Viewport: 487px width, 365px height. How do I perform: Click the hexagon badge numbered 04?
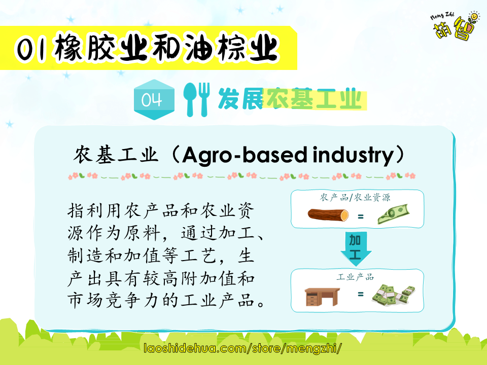pos(154,99)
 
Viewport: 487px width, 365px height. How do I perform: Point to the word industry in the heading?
pos(353,155)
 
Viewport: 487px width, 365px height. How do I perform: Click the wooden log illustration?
pos(328,215)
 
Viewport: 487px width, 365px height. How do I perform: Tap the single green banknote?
pos(393,214)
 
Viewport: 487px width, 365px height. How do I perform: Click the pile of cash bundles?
pos(394,295)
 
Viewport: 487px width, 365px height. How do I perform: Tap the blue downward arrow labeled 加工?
pos(356,248)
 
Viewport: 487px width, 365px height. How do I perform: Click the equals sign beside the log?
pos(360,216)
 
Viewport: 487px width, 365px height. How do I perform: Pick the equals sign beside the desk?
pos(360,294)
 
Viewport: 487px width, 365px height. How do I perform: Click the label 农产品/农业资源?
pos(355,197)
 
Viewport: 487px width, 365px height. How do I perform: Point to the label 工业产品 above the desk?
pos(355,277)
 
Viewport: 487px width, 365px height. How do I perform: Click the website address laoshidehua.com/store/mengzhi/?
pos(243,348)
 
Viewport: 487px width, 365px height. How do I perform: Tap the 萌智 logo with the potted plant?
pos(456,25)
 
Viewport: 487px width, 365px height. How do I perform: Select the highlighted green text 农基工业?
pos(315,99)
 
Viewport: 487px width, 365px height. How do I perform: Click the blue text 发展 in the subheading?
pos(241,99)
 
